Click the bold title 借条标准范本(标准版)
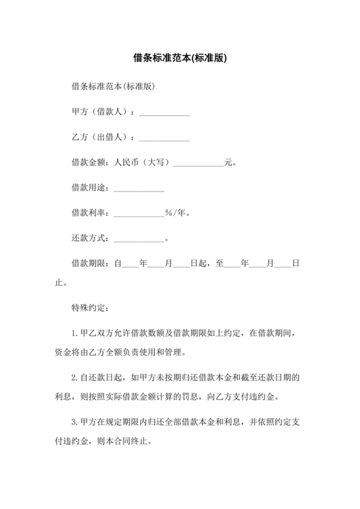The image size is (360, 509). coord(179,57)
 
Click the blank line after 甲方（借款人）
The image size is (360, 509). coord(164,113)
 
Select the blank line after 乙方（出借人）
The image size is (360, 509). coord(164,138)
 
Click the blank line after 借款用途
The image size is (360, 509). coord(139,188)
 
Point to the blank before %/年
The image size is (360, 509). coord(139,213)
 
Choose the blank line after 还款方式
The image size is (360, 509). coord(139,238)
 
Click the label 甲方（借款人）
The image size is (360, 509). coord(102,112)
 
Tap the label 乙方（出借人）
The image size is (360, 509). coord(102,137)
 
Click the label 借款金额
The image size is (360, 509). coord(89,162)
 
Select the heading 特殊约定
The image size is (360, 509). coord(89,307)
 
